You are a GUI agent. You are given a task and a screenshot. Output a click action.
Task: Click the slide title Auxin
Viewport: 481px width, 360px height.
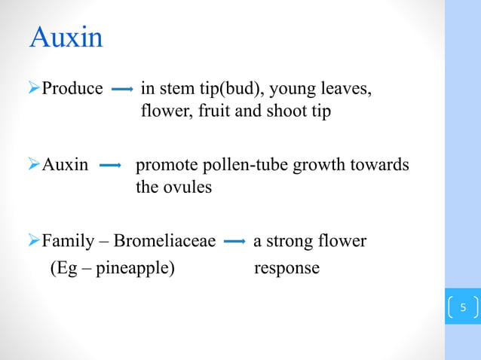click(x=66, y=38)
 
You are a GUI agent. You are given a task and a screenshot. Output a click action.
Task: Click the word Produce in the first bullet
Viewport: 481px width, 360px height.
click(x=72, y=89)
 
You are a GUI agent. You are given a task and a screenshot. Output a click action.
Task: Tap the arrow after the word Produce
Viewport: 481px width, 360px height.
click(x=122, y=90)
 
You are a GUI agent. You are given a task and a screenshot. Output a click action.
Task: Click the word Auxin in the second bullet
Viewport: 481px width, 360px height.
click(x=65, y=164)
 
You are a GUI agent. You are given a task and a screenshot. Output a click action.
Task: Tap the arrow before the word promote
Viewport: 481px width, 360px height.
click(x=111, y=165)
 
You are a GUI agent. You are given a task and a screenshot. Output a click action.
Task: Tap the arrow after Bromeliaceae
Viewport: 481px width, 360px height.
click(x=234, y=242)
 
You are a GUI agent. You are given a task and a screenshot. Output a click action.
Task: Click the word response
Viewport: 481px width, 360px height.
click(x=286, y=268)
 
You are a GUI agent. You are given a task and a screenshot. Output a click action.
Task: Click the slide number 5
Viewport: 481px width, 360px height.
click(x=463, y=307)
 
